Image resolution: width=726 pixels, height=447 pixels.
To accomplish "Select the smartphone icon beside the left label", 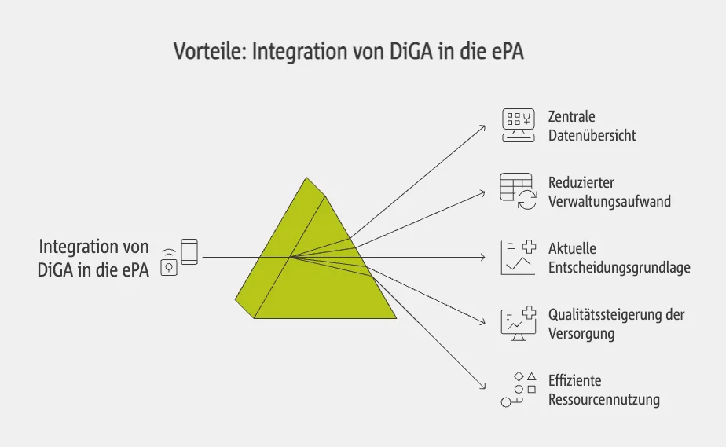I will pyautogui.click(x=189, y=251).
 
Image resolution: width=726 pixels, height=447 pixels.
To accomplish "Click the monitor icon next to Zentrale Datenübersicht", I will pyautogui.click(x=518, y=126).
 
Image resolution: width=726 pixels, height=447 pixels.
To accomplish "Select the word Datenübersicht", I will pyautogui.click(x=592, y=135).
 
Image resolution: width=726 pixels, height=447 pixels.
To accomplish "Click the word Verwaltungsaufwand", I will pyautogui.click(x=609, y=201).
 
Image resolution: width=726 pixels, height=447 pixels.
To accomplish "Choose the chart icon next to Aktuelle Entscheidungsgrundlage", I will pyautogui.click(x=518, y=258).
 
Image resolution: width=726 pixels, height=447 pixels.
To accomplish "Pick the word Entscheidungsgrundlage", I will pyautogui.click(x=619, y=268).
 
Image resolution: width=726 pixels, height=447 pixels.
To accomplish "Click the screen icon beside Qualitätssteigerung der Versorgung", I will pyautogui.click(x=518, y=324).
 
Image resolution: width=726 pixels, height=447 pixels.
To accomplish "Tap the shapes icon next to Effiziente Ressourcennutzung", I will pyautogui.click(x=518, y=390).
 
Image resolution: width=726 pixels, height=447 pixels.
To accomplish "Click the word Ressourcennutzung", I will pyautogui.click(x=603, y=400).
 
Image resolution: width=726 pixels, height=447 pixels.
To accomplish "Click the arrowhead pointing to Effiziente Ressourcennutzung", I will pyautogui.click(x=483, y=387).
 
